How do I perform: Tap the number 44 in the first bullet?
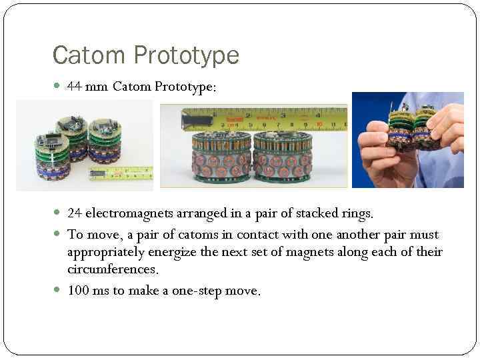(x=75, y=87)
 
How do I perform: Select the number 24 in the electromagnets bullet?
(x=75, y=214)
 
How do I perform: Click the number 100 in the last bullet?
(x=79, y=291)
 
